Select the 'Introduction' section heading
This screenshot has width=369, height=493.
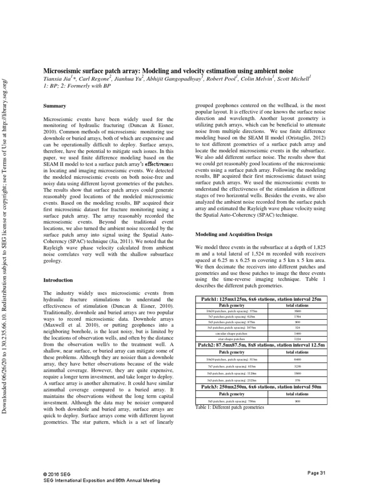pyautogui.click(x=58, y=280)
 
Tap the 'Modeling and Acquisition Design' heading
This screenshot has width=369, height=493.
pyautogui.click(x=233, y=234)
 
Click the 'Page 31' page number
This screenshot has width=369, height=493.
pyautogui.click(x=316, y=473)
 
